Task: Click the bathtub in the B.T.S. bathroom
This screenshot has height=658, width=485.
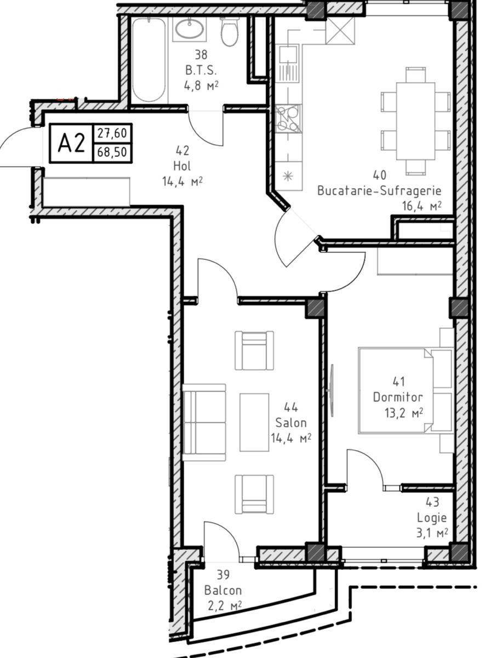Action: tap(149, 60)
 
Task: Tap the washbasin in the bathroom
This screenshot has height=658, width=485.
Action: tap(190, 29)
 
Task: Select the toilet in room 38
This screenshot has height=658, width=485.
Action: tap(230, 32)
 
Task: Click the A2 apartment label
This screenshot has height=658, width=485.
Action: tap(72, 143)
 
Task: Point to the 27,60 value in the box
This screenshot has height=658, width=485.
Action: tap(112, 134)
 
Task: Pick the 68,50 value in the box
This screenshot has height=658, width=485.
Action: tap(112, 152)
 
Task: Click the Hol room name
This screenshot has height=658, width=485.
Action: tap(182, 166)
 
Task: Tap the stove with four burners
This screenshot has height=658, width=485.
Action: tap(289, 118)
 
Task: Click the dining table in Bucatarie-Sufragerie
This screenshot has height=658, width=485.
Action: tap(415, 121)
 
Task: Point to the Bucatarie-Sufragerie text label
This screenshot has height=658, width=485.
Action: tap(379, 191)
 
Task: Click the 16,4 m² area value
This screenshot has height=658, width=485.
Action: tap(422, 206)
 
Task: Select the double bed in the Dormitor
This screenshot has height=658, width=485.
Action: tap(406, 391)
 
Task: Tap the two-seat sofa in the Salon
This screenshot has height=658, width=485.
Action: tap(204, 422)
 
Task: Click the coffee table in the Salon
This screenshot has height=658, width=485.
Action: tap(254, 422)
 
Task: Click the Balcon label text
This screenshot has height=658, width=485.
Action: tap(223, 591)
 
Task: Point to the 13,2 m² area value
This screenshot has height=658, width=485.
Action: tap(404, 413)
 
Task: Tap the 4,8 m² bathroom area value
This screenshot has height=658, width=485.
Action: tap(201, 86)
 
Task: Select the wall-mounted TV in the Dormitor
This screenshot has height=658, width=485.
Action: tap(332, 390)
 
